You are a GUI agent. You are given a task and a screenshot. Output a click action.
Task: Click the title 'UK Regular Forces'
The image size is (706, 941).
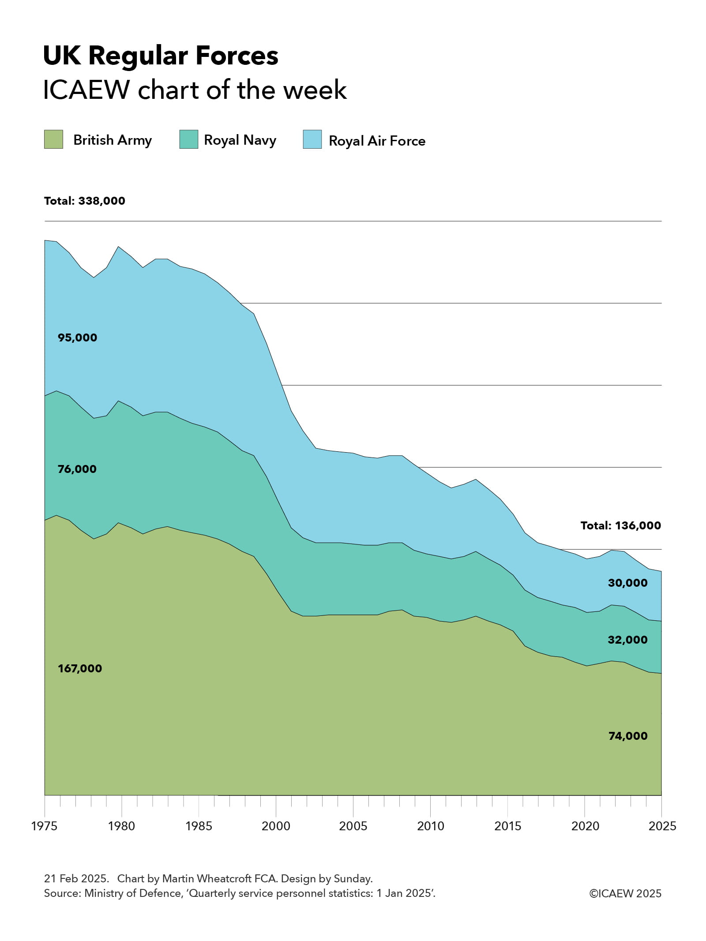161,56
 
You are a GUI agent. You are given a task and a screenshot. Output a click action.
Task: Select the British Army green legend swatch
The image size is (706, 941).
53,139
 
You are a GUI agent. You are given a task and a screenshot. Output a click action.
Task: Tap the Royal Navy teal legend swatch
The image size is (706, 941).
188,139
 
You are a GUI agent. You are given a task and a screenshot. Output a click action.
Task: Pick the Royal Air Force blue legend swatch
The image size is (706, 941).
312,139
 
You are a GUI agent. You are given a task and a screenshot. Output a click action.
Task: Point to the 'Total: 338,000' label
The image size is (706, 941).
85,201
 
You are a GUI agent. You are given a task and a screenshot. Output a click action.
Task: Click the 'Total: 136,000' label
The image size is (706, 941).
620,525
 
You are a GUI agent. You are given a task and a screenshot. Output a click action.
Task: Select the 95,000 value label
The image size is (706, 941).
77,338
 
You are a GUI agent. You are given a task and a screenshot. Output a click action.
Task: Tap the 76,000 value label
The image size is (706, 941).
77,469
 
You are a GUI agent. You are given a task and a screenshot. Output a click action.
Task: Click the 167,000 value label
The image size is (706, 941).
80,668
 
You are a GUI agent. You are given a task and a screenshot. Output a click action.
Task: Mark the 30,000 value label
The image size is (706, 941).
627,583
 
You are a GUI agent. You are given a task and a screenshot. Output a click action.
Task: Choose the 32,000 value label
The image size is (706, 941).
627,640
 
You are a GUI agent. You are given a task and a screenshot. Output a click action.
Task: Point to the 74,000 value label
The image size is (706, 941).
627,736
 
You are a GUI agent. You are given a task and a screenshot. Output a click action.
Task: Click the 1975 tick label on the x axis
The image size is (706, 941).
44,826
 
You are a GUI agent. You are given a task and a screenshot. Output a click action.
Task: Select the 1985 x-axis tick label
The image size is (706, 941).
199,826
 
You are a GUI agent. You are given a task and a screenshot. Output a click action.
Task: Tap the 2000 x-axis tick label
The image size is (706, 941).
276,826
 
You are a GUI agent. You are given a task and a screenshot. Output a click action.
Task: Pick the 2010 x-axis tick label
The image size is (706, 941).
430,826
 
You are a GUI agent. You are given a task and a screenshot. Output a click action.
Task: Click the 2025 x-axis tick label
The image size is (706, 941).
661,826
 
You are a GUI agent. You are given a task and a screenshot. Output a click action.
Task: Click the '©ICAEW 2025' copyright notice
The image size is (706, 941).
625,893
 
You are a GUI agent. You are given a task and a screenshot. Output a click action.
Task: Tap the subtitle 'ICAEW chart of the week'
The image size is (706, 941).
195,90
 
